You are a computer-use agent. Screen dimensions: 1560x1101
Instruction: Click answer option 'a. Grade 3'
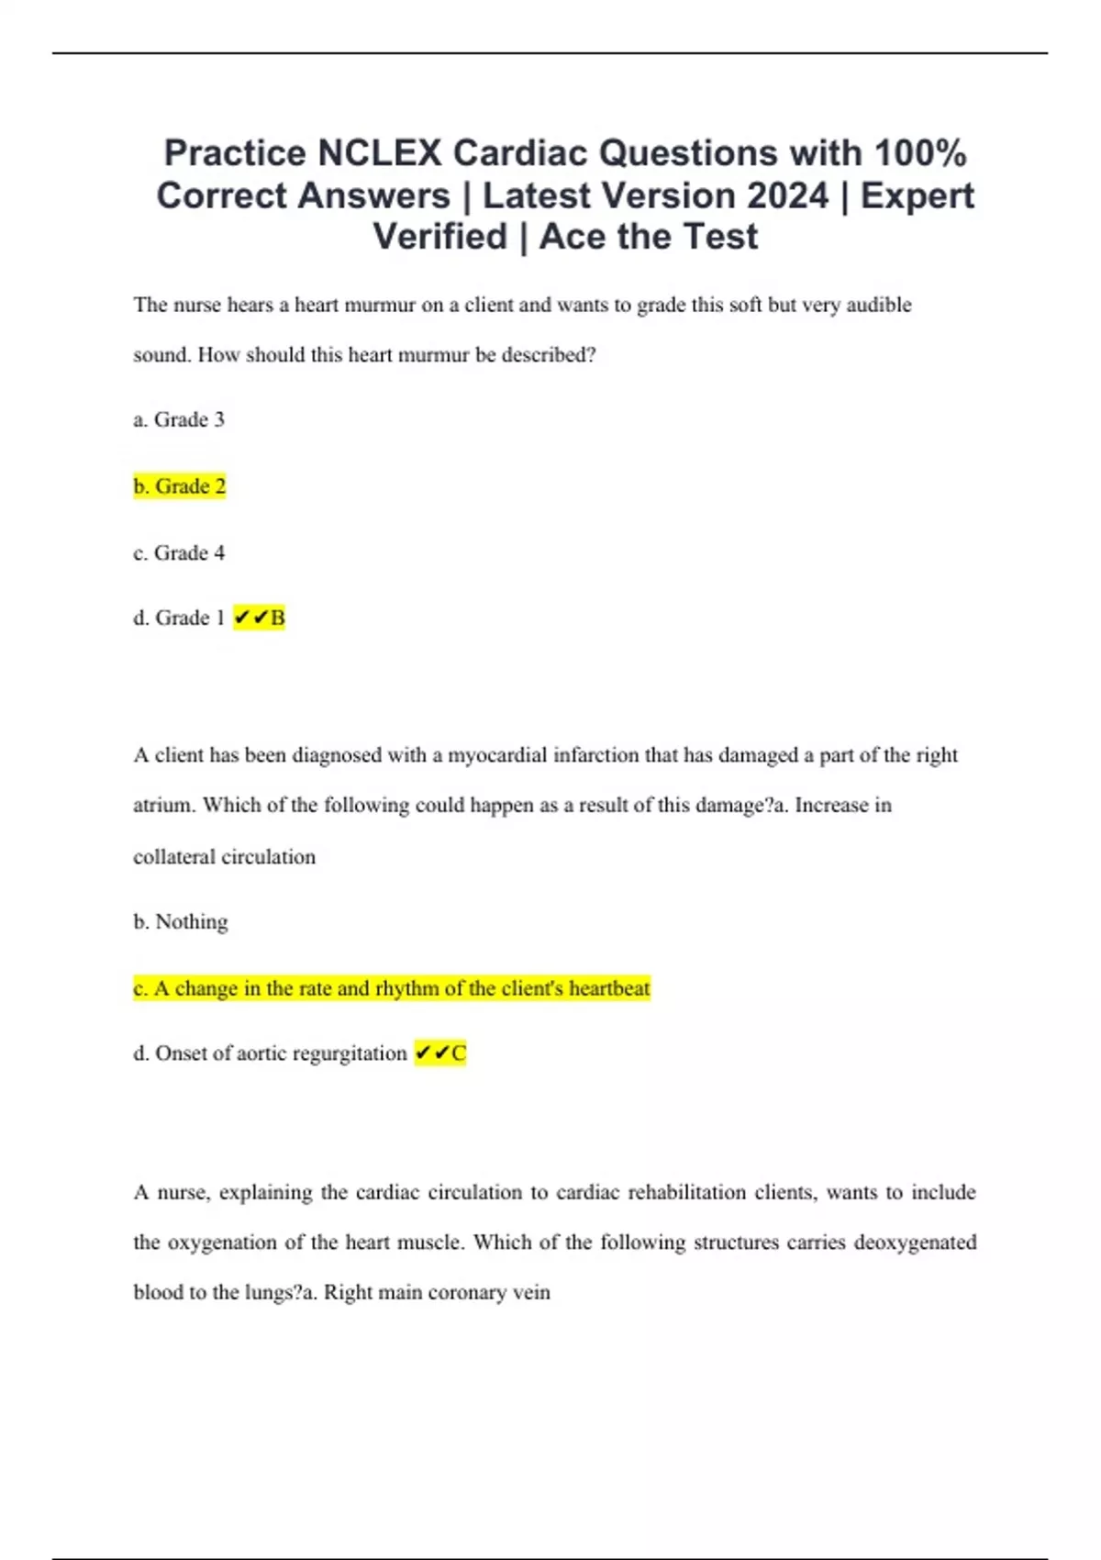[179, 420]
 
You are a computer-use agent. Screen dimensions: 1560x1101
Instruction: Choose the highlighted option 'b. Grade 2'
[180, 486]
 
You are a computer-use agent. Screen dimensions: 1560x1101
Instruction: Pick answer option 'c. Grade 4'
[179, 553]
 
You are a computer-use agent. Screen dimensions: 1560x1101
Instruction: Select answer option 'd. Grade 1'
[179, 618]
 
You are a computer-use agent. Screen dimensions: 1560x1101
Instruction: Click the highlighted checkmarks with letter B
[260, 618]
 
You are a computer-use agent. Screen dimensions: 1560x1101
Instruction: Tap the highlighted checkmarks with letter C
[440, 1053]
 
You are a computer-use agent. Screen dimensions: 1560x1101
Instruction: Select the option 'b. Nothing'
[181, 922]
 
